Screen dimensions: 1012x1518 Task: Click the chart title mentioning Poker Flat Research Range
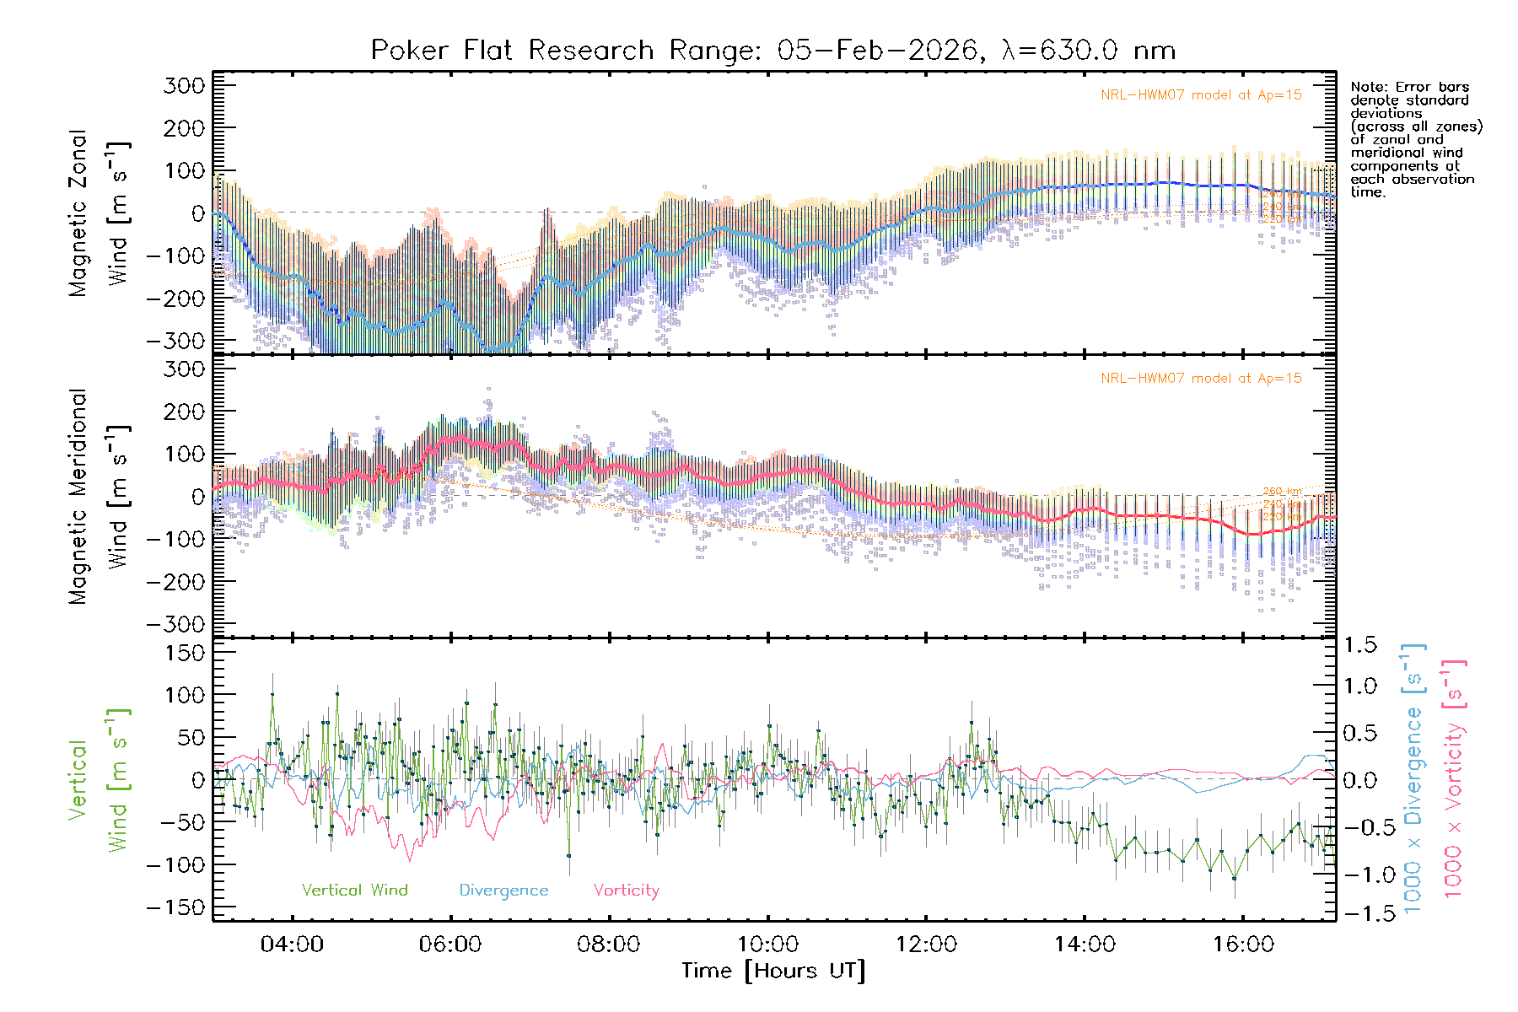point(772,51)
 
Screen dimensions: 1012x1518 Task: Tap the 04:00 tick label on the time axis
point(292,945)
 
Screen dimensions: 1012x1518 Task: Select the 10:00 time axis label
point(767,945)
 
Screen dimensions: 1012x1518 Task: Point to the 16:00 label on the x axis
point(1243,945)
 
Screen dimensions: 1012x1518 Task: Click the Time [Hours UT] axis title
point(772,972)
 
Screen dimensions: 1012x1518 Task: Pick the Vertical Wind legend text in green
point(354,891)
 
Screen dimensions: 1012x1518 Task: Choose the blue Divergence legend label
point(503,891)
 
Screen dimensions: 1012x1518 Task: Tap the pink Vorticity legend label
point(626,891)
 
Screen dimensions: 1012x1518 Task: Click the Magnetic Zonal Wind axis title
point(100,213)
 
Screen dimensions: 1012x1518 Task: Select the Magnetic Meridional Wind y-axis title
point(100,496)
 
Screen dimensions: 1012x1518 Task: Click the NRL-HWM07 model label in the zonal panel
point(1201,95)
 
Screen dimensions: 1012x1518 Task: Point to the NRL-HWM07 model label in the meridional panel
point(1201,379)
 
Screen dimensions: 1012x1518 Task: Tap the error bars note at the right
point(1415,139)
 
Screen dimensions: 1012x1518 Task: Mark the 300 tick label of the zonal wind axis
point(184,85)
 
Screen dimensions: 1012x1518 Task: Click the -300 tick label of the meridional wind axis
point(175,625)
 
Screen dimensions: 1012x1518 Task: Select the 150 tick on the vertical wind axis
point(184,653)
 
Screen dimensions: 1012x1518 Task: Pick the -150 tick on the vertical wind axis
point(175,907)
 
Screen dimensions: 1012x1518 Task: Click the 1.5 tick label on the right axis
point(1359,645)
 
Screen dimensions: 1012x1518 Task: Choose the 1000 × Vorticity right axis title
point(1453,779)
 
